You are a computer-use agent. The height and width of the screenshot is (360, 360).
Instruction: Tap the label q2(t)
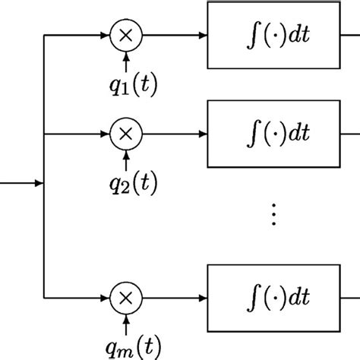click(126, 182)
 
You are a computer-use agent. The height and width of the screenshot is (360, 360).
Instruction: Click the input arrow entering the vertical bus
click(23, 182)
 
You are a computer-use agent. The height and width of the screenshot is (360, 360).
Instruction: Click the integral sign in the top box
click(248, 35)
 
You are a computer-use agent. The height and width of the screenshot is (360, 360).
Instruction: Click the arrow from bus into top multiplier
click(80, 35)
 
